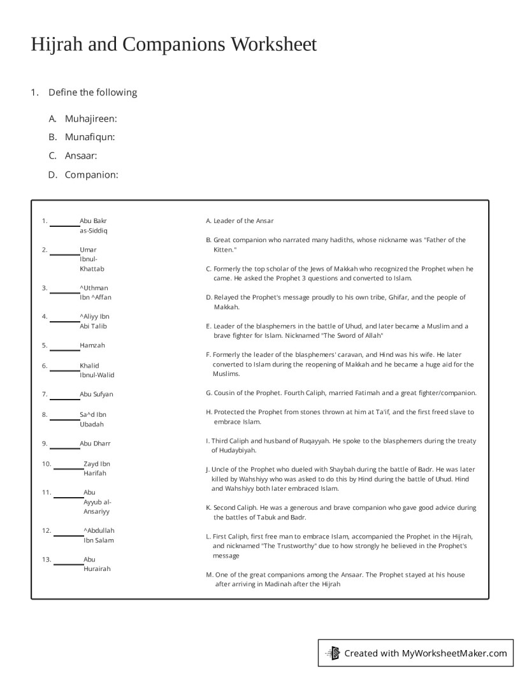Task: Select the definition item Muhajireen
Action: coord(90,118)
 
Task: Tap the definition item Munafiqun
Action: coord(89,137)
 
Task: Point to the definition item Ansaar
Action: coord(80,156)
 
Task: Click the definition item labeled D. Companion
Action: coord(91,175)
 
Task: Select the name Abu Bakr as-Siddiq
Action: coord(94,226)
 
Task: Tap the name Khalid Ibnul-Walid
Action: coord(97,370)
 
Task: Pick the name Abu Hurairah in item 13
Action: coord(97,564)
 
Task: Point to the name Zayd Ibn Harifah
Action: coord(96,468)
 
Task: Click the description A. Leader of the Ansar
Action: coord(240,221)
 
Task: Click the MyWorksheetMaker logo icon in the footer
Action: coord(333,653)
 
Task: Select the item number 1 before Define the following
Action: coord(34,92)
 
